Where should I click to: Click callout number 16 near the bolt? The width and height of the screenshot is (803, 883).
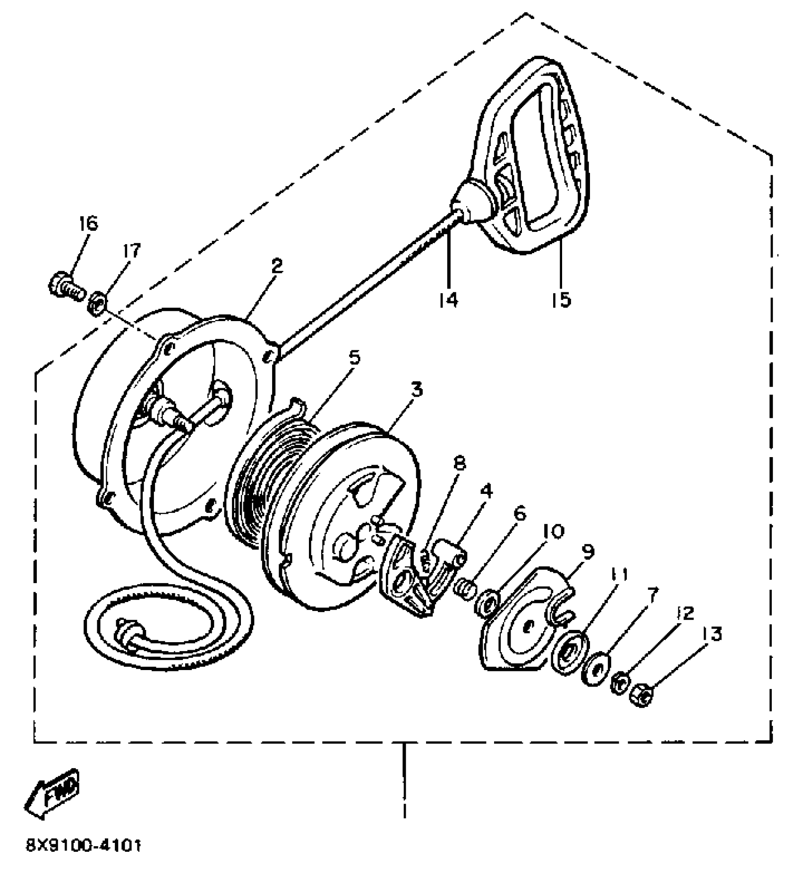[x=89, y=223]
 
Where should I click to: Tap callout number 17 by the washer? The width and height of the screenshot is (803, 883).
[x=132, y=251]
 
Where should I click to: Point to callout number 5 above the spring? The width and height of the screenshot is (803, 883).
[x=354, y=357]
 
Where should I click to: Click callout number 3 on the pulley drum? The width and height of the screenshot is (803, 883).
[x=417, y=390]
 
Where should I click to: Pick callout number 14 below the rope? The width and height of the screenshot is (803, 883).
[x=447, y=299]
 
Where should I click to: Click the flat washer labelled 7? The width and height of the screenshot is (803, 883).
[x=596, y=671]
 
